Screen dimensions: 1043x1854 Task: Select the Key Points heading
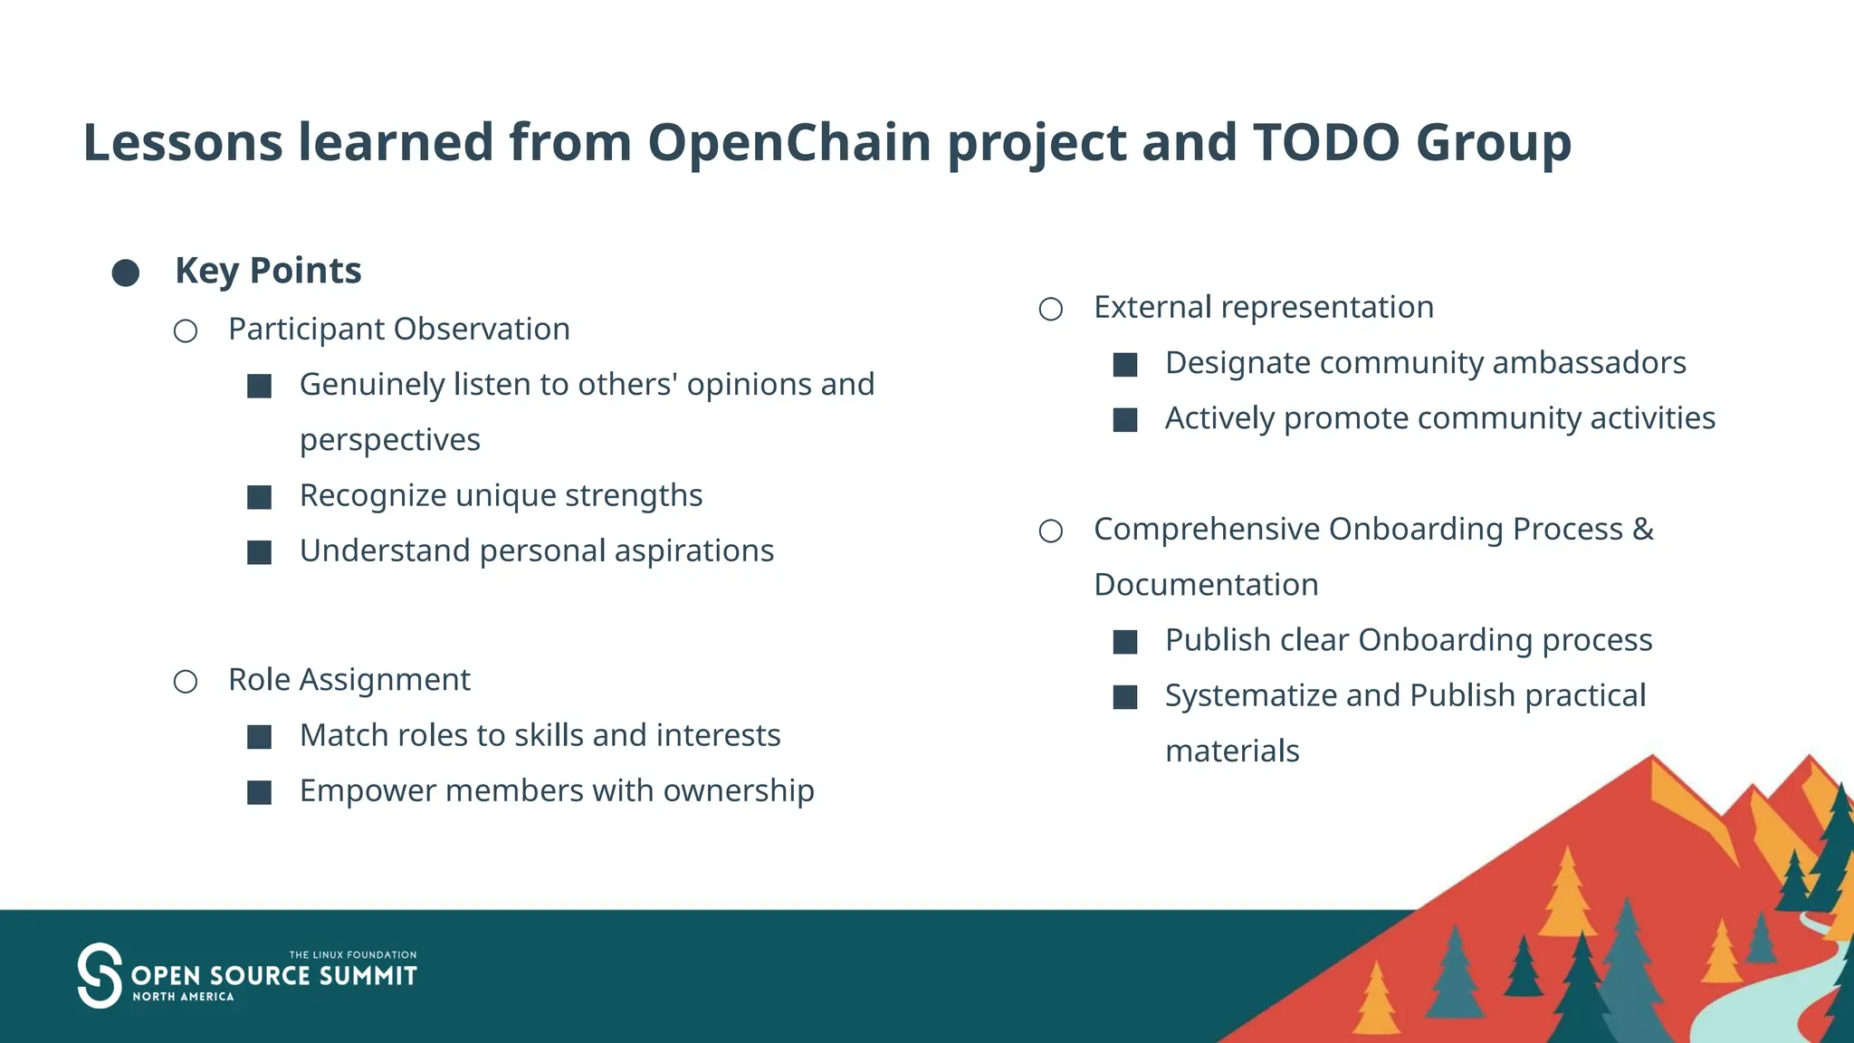click(268, 271)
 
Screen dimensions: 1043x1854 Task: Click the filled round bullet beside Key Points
click(126, 273)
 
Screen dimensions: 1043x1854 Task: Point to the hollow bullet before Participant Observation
click(186, 331)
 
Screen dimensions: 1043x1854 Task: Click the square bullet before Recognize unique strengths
click(260, 497)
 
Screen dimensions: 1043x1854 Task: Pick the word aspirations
click(694, 550)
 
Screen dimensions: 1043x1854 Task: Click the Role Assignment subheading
click(349, 680)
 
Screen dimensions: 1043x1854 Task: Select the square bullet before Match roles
click(260, 737)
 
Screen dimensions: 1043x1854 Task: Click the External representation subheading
click(1264, 307)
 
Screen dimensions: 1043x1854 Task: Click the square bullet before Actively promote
click(1125, 420)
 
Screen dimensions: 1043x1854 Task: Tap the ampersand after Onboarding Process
click(1643, 529)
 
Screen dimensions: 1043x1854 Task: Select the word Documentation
click(1206, 585)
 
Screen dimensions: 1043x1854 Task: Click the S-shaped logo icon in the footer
click(99, 975)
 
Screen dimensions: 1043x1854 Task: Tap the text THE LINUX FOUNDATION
click(353, 954)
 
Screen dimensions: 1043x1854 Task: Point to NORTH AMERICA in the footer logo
click(183, 997)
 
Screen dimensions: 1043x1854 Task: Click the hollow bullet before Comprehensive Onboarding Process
click(1051, 531)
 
